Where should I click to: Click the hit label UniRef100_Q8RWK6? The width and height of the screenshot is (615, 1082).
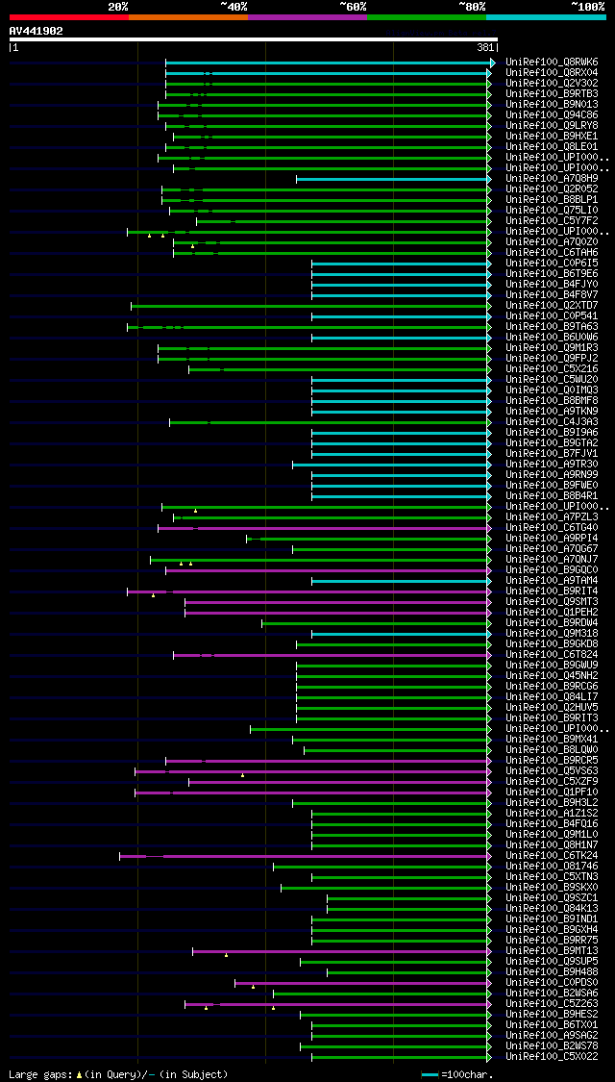552,62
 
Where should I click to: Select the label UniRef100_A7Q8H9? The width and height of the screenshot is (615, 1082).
552,179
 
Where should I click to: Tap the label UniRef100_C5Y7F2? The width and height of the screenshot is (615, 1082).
552,221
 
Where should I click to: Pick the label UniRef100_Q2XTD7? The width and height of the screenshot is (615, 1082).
552,306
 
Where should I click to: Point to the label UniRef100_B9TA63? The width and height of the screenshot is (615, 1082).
552,327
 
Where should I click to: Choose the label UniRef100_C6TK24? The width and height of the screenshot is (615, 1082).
552,855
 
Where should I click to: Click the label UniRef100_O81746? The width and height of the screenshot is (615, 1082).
552,866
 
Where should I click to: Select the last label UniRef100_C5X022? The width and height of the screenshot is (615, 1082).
552,1056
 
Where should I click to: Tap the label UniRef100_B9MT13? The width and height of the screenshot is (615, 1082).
552,950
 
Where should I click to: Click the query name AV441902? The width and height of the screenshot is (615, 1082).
37,31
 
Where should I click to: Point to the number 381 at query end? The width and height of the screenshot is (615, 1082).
485,47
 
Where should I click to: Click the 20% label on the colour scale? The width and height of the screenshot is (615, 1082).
117,7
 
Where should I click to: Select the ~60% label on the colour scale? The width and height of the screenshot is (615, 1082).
353,7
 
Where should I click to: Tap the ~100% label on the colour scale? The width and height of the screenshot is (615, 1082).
587,7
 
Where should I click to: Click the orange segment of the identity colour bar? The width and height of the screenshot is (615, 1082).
187,16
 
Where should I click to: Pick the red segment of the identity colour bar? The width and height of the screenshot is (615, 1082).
68,16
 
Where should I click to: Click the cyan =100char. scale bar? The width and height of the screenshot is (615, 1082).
430,1074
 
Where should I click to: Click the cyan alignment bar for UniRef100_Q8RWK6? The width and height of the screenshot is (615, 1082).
327,63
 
